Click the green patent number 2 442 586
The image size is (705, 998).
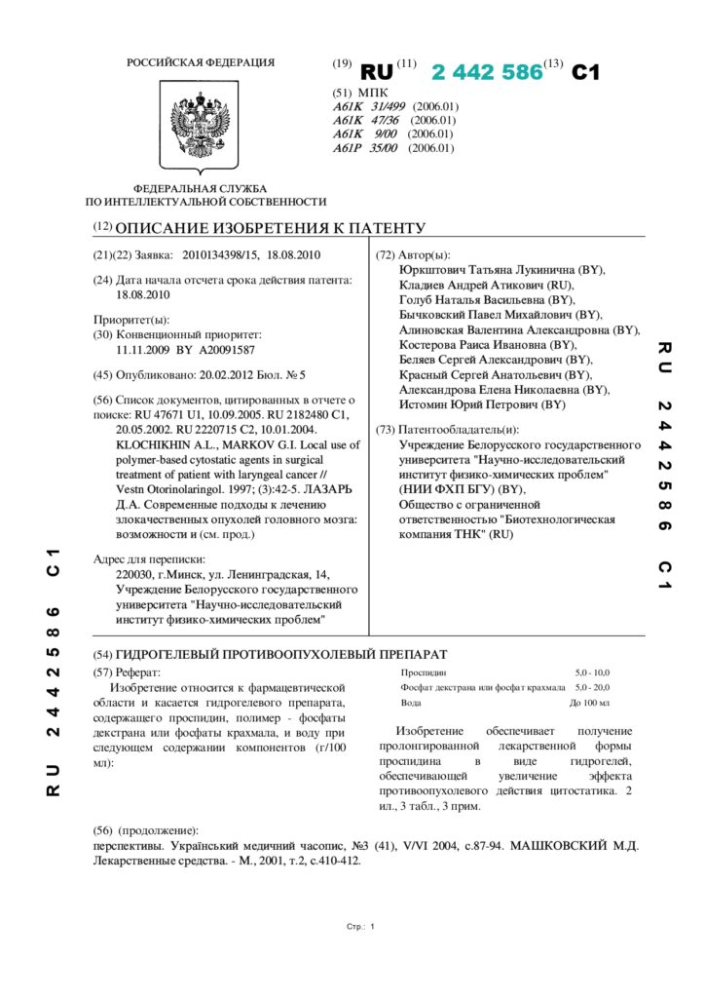pos(486,72)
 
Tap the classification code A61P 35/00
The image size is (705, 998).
pos(365,149)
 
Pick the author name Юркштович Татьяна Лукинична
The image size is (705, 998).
pos(487,269)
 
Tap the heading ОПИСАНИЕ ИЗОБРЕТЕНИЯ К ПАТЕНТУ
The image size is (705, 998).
pos(270,228)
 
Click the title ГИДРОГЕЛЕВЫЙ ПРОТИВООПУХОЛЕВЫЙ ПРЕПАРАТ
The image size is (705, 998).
pos(281,654)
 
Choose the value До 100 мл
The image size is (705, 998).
pos(589,702)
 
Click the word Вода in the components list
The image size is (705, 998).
pos(411,702)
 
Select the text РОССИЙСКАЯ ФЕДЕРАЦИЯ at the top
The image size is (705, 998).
pos(201,63)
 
